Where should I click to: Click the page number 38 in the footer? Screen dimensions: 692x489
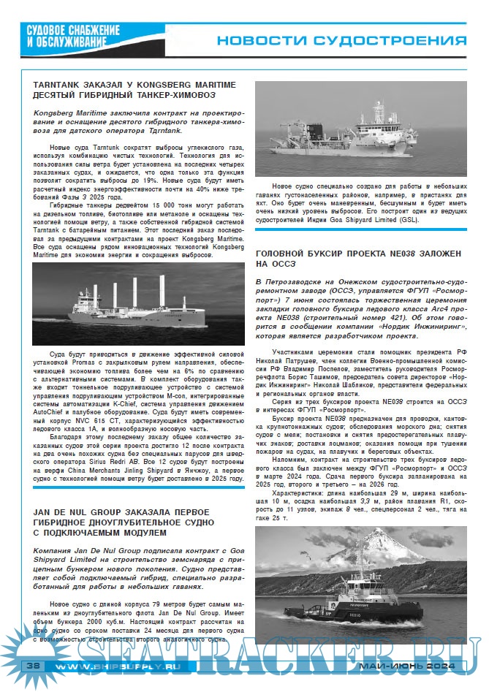[33, 667]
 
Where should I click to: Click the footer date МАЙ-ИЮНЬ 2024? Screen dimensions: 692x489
[407, 667]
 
